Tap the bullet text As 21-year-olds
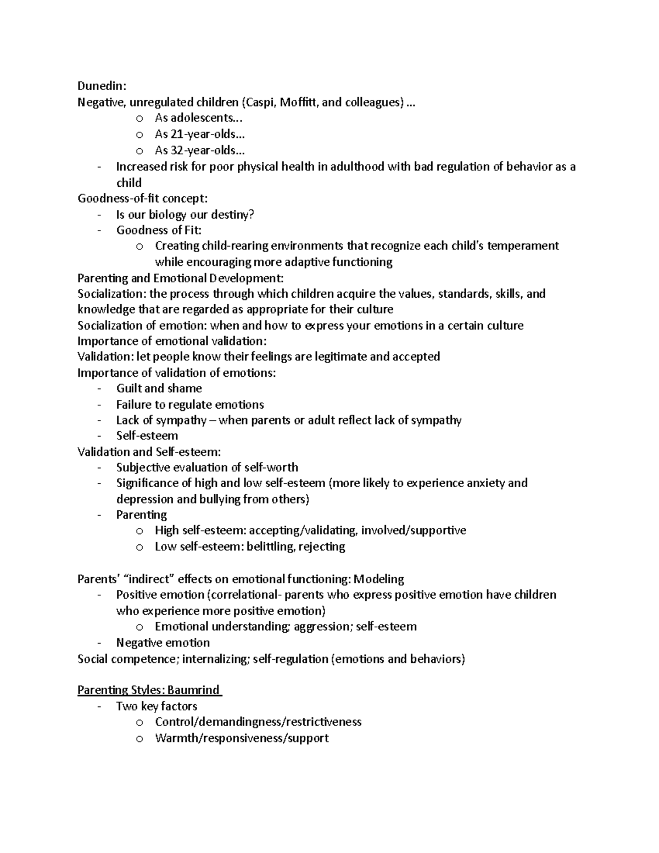pyautogui.click(x=199, y=134)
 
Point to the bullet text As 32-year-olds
pyautogui.click(x=199, y=150)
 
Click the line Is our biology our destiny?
pyautogui.click(x=185, y=214)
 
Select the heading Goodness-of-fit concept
pyautogui.click(x=143, y=198)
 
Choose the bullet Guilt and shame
pyautogui.click(x=159, y=388)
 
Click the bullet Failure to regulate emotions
pyautogui.click(x=189, y=405)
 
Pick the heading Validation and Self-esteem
pyautogui.click(x=149, y=451)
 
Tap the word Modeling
pyautogui.click(x=378, y=579)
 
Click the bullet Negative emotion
pyautogui.click(x=163, y=643)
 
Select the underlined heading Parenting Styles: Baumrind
pyautogui.click(x=149, y=690)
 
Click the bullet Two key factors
pyautogui.click(x=157, y=706)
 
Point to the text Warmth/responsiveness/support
pyautogui.click(x=242, y=738)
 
